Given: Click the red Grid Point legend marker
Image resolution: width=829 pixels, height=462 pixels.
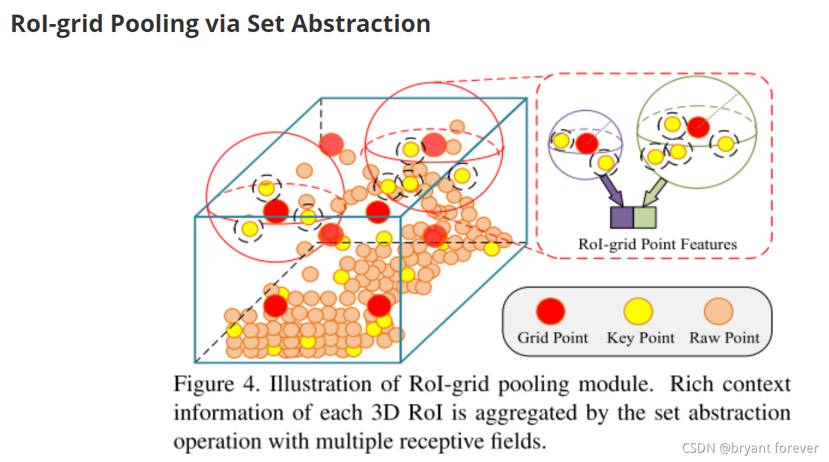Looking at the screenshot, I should point(551,312).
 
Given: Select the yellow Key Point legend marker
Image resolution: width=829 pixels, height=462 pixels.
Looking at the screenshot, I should point(638,311).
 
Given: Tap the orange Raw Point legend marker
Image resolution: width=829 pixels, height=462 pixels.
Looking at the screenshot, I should point(719,311).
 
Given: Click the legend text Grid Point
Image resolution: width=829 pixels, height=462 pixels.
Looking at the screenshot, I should point(552,337).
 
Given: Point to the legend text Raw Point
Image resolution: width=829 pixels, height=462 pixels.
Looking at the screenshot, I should point(724,337).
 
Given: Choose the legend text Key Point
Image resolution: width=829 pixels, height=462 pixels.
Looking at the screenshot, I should point(640,337).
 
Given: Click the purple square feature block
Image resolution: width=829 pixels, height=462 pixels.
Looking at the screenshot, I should point(621,218).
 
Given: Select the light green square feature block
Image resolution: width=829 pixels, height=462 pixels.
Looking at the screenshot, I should point(644,218).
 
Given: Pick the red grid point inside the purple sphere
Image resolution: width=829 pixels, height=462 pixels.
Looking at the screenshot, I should point(586,142).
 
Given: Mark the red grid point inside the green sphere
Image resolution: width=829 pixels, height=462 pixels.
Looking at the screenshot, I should point(698,126).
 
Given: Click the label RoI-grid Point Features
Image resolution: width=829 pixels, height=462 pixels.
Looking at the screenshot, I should point(657,244).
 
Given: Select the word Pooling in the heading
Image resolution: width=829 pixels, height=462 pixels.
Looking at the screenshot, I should point(154,24).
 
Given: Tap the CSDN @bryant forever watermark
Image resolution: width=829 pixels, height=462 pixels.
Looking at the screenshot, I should point(755,447).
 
